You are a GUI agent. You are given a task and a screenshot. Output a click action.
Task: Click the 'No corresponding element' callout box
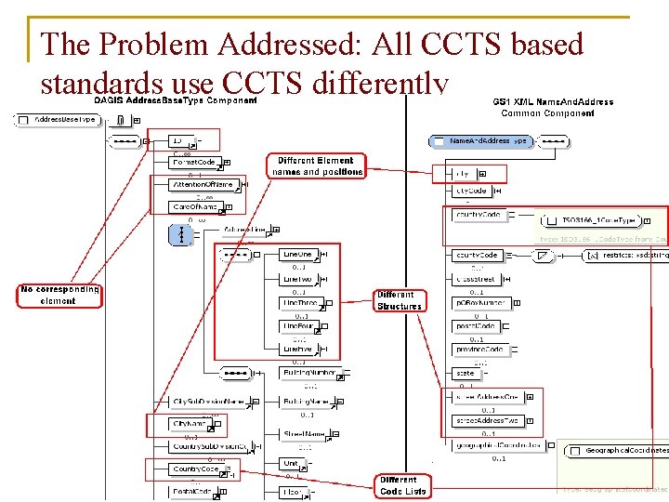click(x=59, y=296)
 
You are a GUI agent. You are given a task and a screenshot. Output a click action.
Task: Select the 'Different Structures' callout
click(x=400, y=300)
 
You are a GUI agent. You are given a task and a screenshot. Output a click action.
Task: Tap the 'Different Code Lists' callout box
click(x=403, y=485)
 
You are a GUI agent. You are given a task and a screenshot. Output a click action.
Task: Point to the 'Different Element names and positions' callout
click(x=316, y=166)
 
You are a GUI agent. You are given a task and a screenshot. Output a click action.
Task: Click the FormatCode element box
click(x=194, y=163)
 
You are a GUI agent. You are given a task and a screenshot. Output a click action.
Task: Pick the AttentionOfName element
click(x=204, y=185)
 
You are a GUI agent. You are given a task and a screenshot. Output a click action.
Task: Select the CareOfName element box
click(x=194, y=206)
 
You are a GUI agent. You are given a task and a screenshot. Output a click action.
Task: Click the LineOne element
click(x=299, y=254)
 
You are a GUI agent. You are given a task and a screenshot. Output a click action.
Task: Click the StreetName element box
click(x=305, y=433)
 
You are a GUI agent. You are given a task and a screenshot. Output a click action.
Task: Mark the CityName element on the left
click(x=190, y=424)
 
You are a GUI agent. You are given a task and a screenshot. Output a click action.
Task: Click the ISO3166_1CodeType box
click(x=598, y=221)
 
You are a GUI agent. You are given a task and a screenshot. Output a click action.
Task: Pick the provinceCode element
click(x=479, y=350)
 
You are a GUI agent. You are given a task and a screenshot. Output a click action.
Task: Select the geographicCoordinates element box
click(x=498, y=445)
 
